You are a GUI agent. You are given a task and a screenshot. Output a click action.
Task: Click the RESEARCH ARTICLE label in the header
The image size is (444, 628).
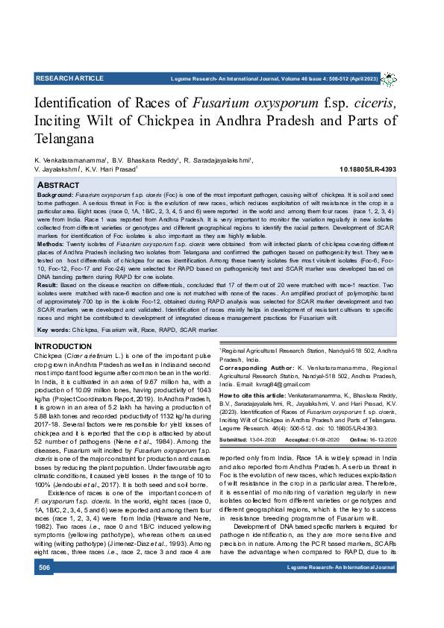click(x=69, y=78)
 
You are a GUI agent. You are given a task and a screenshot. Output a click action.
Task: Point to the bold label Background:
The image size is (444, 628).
click(x=55, y=194)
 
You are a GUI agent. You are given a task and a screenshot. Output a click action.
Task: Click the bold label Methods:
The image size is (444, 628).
click(x=51, y=244)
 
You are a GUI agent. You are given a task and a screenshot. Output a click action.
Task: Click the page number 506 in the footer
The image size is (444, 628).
click(x=45, y=589)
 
